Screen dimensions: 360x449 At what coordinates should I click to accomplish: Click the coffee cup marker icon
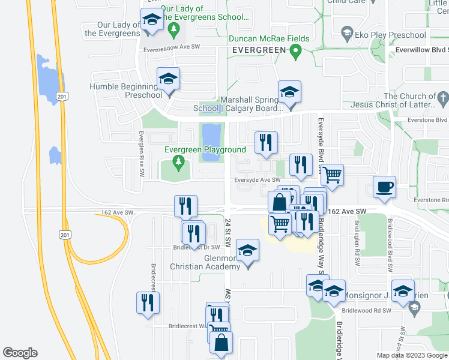pyautogui.click(x=384, y=187)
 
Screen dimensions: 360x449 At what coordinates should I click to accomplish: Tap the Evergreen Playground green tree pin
pyautogui.click(x=178, y=161)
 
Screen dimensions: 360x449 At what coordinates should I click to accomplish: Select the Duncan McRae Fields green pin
pyautogui.click(x=295, y=53)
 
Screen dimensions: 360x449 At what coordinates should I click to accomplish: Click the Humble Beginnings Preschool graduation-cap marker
pyautogui.click(x=169, y=79)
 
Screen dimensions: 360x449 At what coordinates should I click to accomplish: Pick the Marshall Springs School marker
pyautogui.click(x=289, y=92)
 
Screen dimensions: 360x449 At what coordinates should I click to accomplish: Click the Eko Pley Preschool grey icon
pyautogui.click(x=346, y=32)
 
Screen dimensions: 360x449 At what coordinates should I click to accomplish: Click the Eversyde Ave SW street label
pyautogui.click(x=258, y=179)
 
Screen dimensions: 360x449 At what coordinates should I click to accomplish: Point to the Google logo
pyautogui.click(x=20, y=353)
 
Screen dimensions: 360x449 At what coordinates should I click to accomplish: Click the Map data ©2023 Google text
pyautogui.click(x=411, y=355)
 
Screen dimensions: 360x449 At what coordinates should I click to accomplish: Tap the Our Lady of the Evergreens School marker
pyautogui.click(x=152, y=20)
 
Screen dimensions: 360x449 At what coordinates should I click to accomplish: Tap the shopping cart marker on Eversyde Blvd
pyautogui.click(x=332, y=175)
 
